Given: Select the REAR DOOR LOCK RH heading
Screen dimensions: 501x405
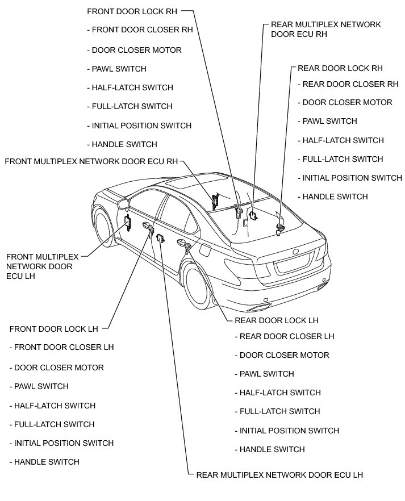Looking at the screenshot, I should tap(340, 68).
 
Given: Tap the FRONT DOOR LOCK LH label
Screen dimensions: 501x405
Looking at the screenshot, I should tap(55, 328).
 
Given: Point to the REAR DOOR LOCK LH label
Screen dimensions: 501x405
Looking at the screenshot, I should tap(277, 320).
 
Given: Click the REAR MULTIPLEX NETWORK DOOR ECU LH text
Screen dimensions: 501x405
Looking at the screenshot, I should tap(279, 475).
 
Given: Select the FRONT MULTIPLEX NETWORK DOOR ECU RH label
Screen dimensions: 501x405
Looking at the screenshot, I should tap(91, 161).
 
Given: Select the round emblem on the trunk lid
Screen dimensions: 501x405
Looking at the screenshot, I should tap(295, 250).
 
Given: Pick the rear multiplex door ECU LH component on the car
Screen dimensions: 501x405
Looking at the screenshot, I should tap(160, 237).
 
